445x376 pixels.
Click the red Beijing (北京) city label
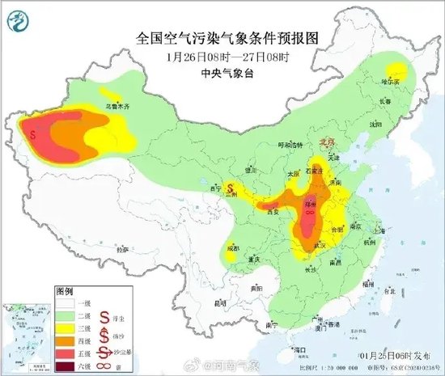click(x=327, y=141)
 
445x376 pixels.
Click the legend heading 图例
click(x=64, y=289)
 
